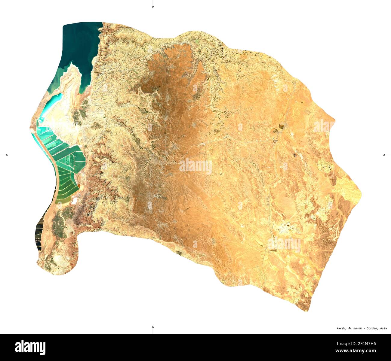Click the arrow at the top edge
[153, 4]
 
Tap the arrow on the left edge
[4, 155]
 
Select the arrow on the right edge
[386, 155]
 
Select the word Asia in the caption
[383, 328]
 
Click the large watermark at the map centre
[195, 166]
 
